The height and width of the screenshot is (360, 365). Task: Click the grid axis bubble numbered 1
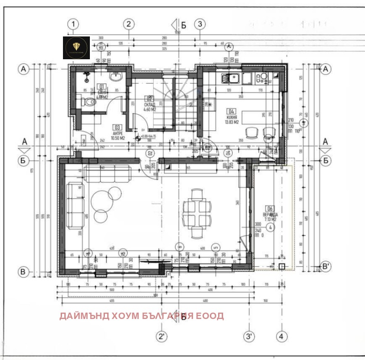point(73,24)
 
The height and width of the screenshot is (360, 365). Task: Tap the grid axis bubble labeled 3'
point(249,337)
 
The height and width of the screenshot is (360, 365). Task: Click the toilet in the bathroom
point(89,103)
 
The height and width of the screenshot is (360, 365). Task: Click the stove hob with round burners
point(263,78)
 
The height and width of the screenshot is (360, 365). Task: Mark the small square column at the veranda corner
point(282,266)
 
